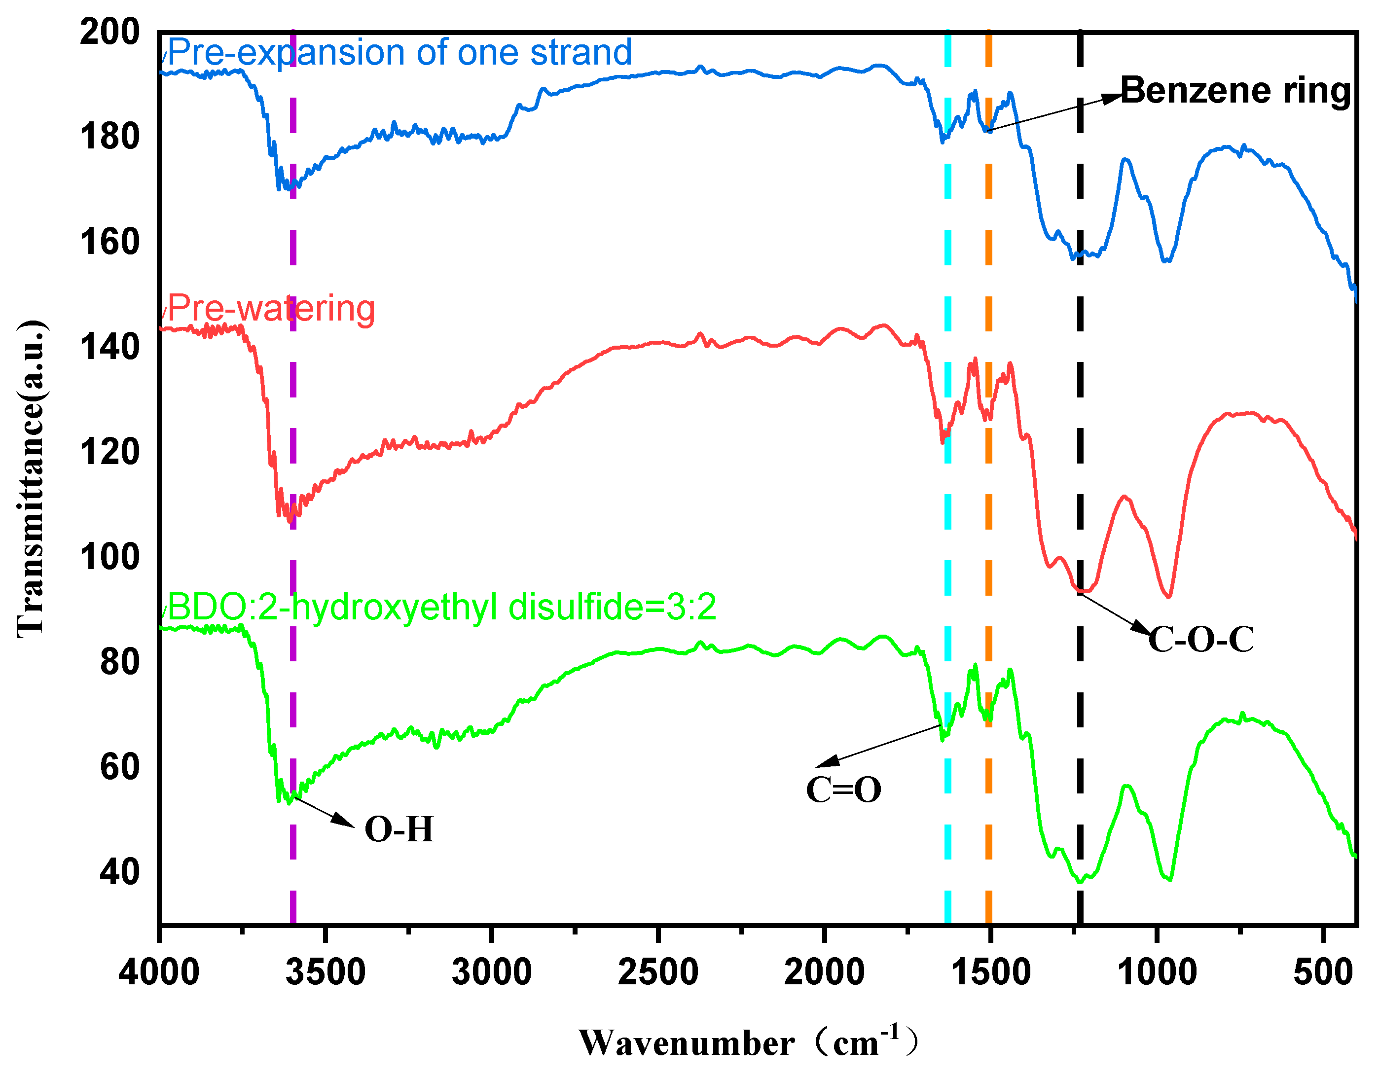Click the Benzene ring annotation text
pos(1235,91)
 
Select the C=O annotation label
pos(843,790)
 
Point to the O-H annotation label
pos(399,829)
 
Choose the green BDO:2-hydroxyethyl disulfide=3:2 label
pos(441,608)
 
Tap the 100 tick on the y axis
pos(109,557)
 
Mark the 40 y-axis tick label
pos(119,872)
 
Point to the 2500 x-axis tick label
pos(657,971)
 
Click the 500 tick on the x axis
pos(1322,971)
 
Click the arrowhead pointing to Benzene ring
pos(1112,98)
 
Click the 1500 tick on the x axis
pos(990,971)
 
